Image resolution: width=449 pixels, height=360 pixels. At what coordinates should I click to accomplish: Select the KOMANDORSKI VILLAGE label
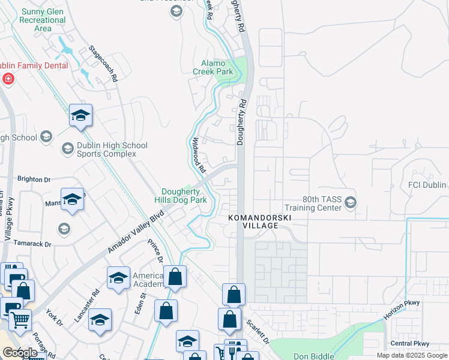point(252,221)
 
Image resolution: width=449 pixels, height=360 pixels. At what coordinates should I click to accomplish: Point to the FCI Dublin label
point(427,185)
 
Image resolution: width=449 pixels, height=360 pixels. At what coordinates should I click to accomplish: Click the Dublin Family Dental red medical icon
point(8,79)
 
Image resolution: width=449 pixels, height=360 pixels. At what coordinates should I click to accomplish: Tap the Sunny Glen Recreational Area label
point(43,20)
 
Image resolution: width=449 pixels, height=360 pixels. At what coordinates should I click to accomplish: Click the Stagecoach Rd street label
point(103,63)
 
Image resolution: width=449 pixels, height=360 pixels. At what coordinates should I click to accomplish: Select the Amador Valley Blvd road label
point(136,232)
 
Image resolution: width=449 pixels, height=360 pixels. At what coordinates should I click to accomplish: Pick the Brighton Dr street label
point(34,179)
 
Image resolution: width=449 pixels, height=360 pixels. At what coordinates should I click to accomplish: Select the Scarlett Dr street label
point(259,331)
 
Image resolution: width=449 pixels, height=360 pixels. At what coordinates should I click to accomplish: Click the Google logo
point(19,353)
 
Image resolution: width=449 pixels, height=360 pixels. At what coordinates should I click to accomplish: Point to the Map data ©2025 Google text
point(412,355)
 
